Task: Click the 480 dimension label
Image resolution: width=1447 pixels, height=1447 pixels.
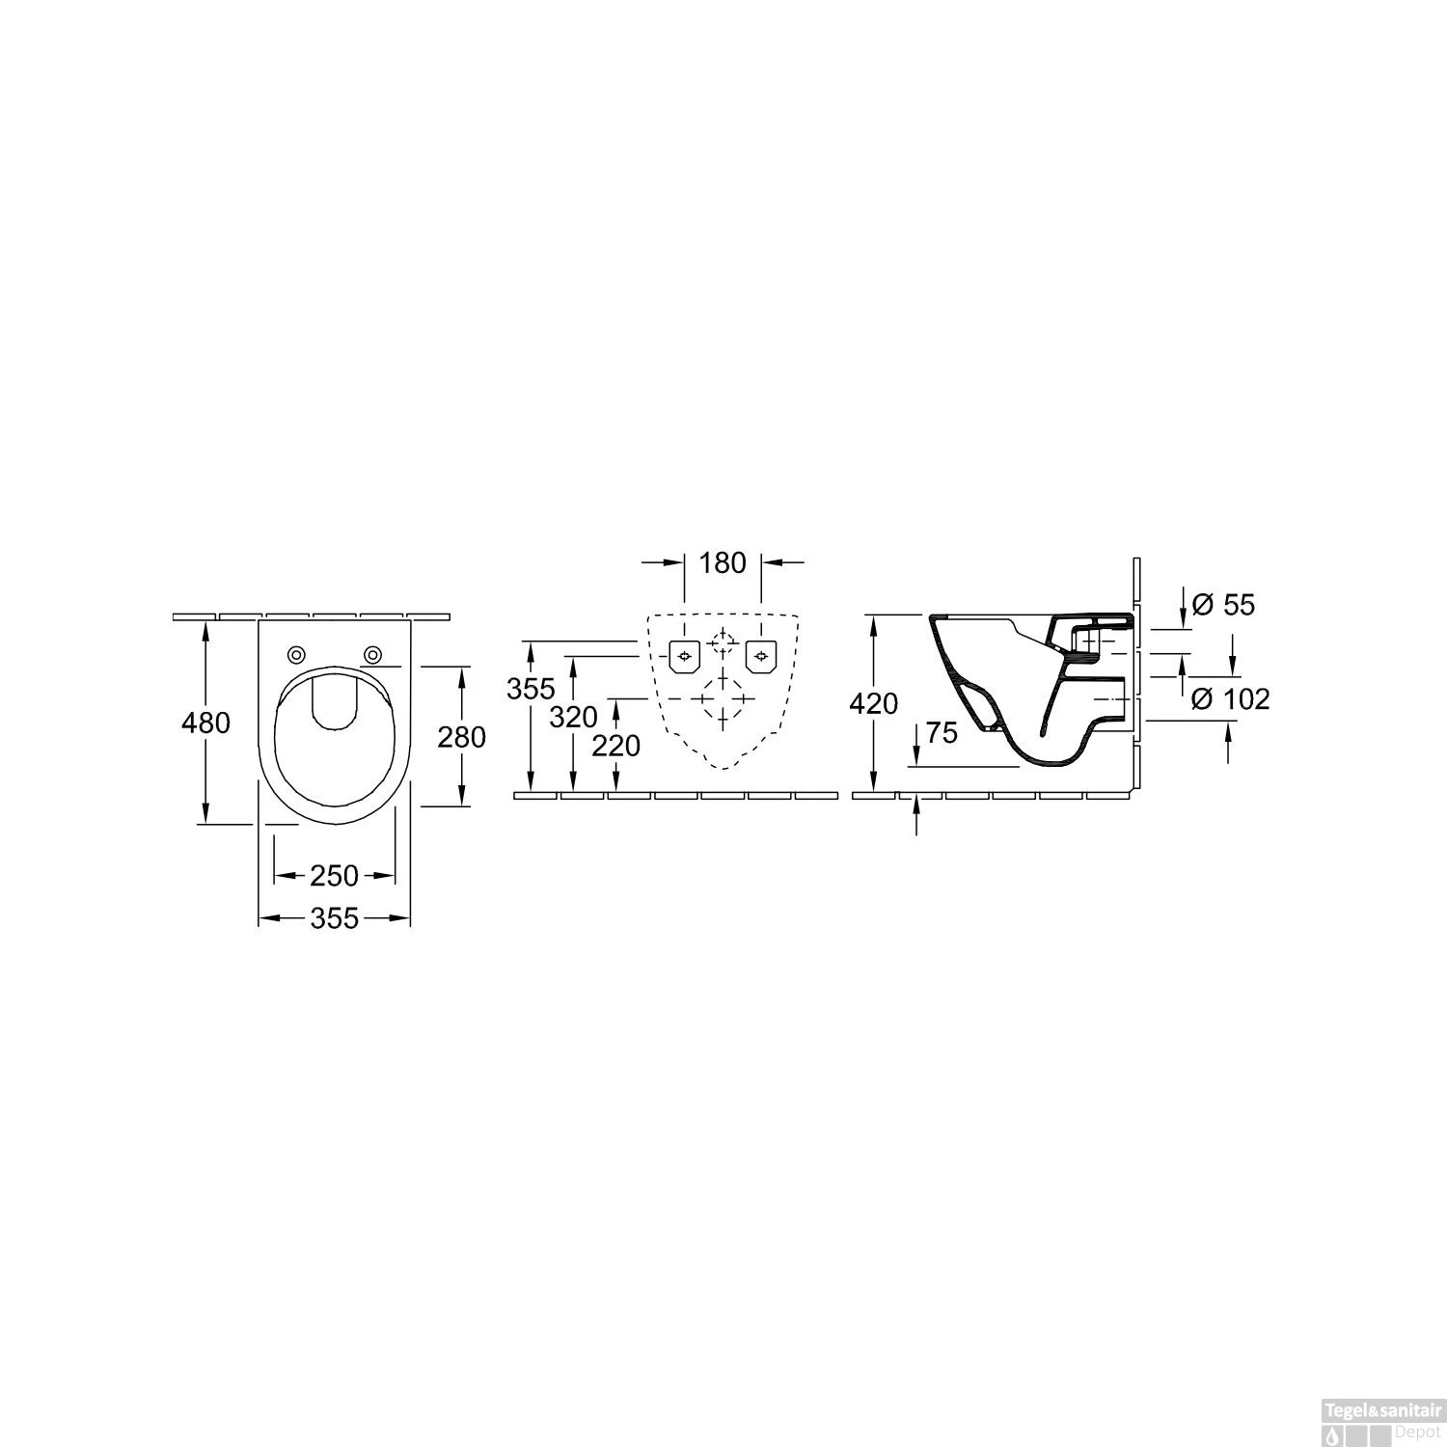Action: point(206,722)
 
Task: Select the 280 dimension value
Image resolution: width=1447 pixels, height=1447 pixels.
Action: point(461,738)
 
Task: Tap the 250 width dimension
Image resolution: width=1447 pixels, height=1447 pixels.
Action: point(334,876)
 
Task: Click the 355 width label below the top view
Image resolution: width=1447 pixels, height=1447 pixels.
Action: point(334,918)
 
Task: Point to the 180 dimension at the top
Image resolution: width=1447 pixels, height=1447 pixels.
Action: point(723,562)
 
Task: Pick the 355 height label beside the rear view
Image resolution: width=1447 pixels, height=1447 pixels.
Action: point(531,689)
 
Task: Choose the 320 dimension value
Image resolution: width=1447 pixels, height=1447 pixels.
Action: point(574,717)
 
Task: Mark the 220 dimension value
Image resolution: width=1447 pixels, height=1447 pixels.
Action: point(616,745)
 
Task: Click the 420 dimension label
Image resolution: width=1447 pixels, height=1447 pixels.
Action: point(875,704)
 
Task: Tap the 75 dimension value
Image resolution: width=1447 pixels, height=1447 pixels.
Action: point(942,733)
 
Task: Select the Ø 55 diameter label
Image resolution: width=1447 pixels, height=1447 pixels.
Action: point(1223,605)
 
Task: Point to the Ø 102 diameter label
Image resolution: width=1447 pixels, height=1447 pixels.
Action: point(1230,698)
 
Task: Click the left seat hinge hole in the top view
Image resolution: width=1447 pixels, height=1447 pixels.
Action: point(296,655)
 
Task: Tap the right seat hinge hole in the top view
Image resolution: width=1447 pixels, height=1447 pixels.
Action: point(372,655)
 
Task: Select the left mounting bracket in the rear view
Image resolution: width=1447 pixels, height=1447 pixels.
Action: point(684,657)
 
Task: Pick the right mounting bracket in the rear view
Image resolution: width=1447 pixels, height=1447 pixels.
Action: point(761,657)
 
